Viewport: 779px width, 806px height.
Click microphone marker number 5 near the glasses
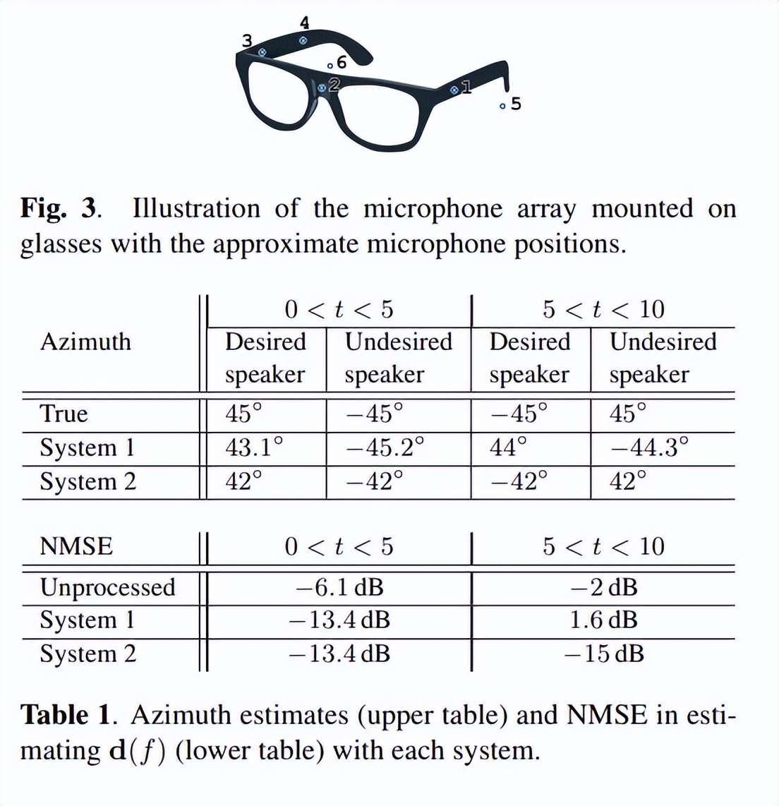click(x=502, y=107)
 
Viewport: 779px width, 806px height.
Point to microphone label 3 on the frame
click(x=247, y=41)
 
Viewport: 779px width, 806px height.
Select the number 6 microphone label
click(x=342, y=62)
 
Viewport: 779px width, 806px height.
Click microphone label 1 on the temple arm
click(x=465, y=88)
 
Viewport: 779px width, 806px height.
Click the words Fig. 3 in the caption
click(x=59, y=209)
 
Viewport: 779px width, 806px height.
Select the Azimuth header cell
click(x=85, y=342)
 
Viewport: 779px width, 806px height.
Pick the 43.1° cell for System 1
click(x=254, y=447)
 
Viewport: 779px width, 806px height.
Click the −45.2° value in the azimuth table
click(x=385, y=447)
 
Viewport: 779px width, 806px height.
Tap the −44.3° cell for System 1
click(x=648, y=447)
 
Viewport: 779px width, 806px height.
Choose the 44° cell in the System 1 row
click(x=508, y=447)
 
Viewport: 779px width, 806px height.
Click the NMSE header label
click(x=76, y=546)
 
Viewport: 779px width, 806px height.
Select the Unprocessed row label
click(x=107, y=587)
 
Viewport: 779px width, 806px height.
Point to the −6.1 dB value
click(x=339, y=587)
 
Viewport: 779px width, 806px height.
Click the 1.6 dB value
click(x=603, y=620)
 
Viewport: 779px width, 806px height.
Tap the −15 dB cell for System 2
click(x=604, y=654)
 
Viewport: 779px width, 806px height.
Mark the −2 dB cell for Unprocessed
click(x=604, y=587)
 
